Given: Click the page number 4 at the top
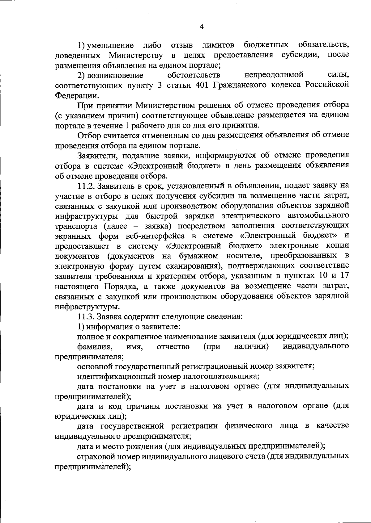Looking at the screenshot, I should coord(202,27).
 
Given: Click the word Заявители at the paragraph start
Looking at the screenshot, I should coord(96,155).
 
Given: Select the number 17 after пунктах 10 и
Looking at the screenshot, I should coord(345,276).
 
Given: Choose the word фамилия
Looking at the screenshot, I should coord(95,347).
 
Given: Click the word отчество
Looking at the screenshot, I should coord(173,347).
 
